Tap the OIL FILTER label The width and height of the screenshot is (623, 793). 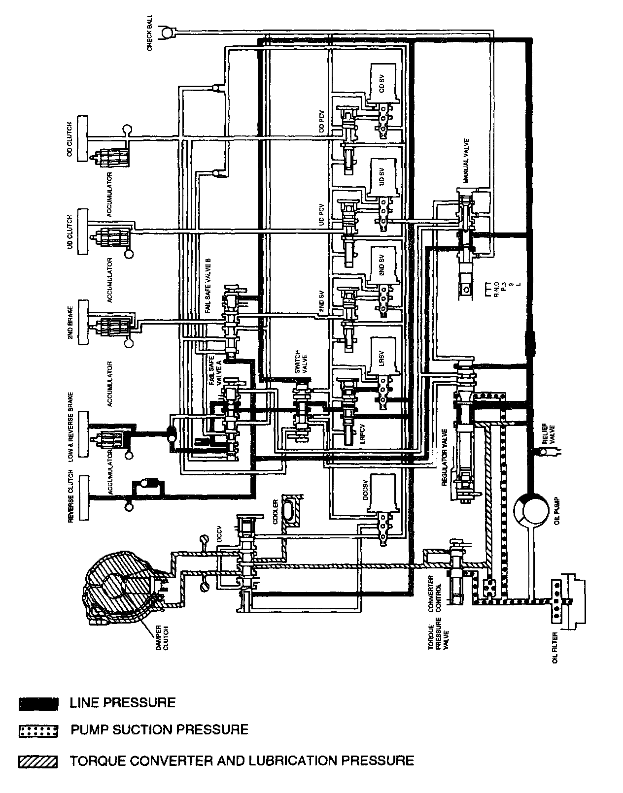(555, 647)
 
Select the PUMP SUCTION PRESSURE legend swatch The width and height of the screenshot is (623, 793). (38, 731)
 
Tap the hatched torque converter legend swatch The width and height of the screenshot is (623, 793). (38, 761)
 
